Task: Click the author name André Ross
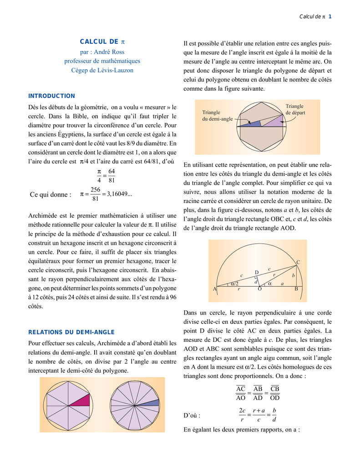click(108, 52)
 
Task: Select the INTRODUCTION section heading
click(51, 96)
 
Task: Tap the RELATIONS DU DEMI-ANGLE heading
click(71, 332)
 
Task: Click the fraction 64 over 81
click(112, 175)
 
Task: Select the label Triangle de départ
click(295, 109)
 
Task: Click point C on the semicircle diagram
click(298, 262)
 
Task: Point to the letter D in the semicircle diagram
click(256, 272)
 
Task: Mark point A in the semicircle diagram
click(214, 289)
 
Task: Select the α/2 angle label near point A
click(234, 283)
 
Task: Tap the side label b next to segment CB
click(294, 275)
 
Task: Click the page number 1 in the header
click(330, 17)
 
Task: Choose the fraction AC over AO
click(241, 393)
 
